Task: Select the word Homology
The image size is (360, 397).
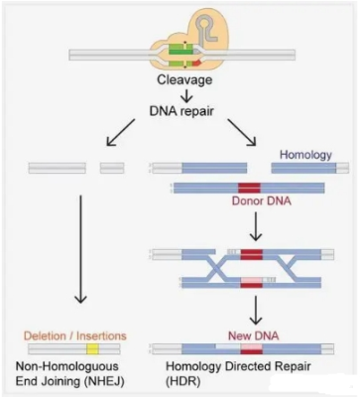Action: pos(304,154)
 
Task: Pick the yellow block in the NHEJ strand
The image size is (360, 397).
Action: pos(92,349)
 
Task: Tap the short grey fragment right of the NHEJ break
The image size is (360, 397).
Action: pos(112,168)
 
